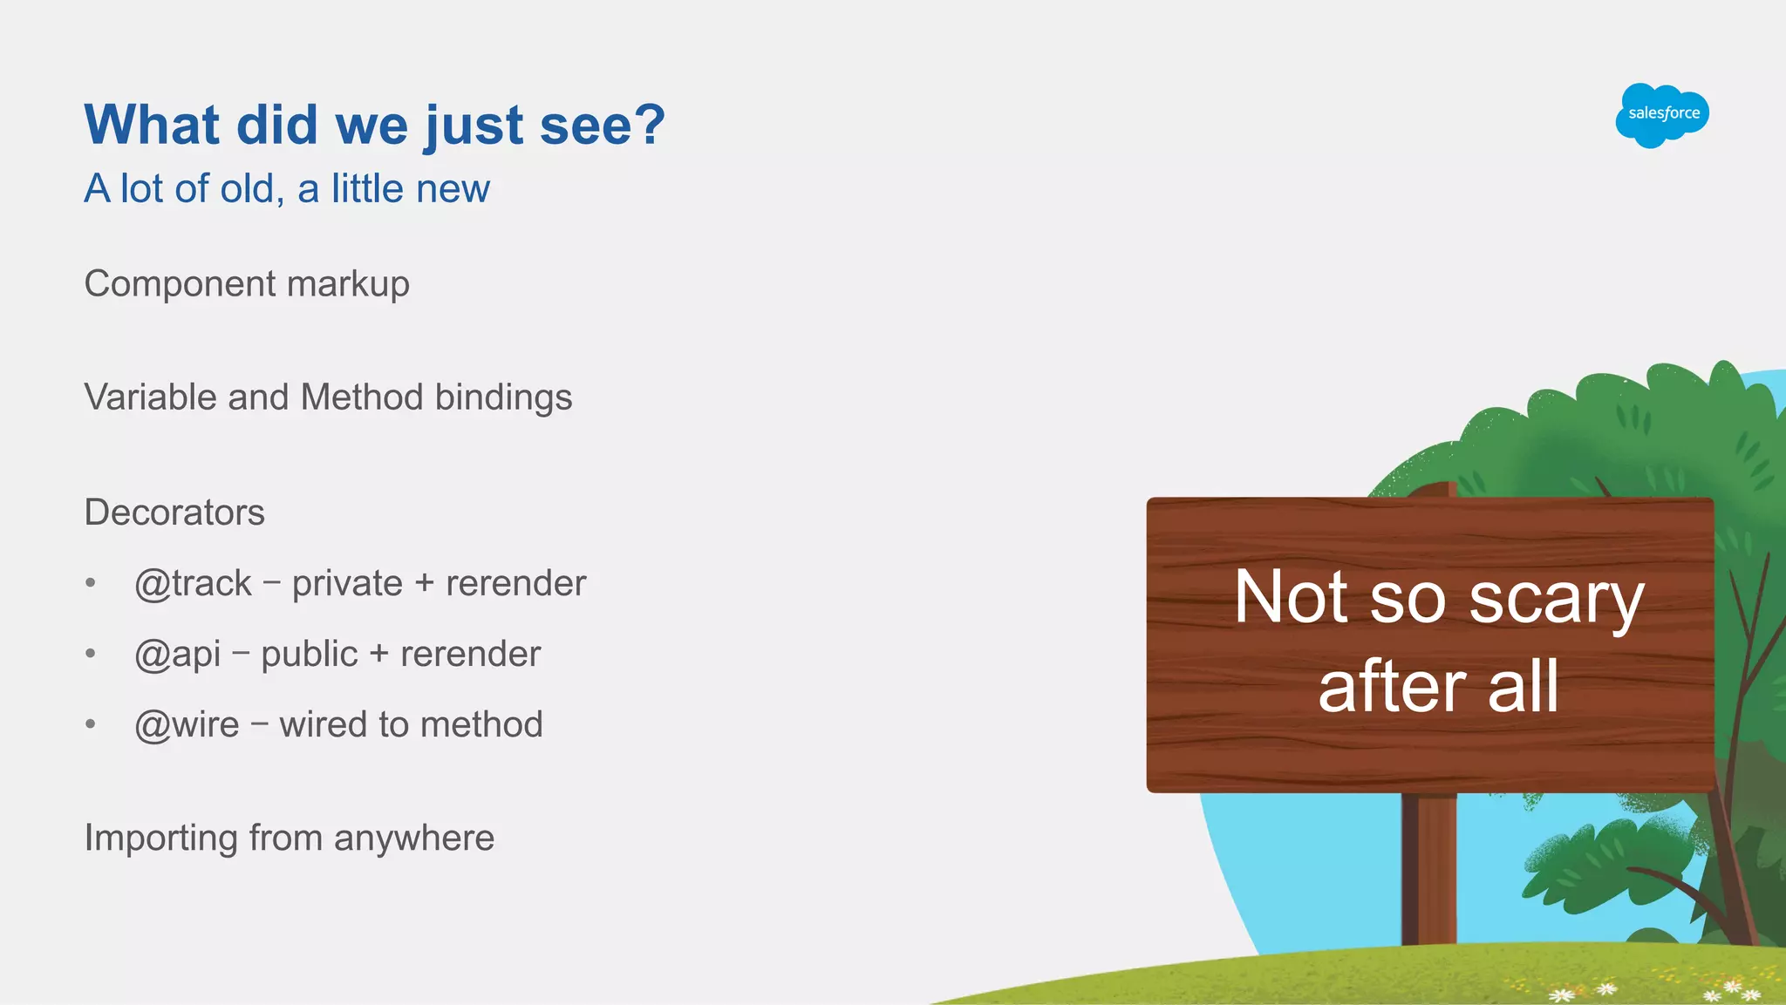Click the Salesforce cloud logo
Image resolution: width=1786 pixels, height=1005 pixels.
[x=1662, y=115]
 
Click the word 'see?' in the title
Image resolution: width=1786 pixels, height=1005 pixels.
[x=603, y=125]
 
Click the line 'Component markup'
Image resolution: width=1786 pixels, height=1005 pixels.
[x=247, y=284]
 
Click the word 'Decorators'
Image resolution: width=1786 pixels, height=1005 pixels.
[x=174, y=513]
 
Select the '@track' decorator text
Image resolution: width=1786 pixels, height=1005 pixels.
[x=193, y=584]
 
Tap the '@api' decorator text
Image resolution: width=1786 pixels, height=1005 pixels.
[x=177, y=655]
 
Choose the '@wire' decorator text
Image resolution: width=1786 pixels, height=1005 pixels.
[x=187, y=725]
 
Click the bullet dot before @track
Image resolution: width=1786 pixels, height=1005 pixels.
[x=91, y=583]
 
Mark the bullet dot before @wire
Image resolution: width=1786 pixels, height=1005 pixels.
[x=91, y=724]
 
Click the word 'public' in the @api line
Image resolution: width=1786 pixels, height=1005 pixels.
[x=310, y=655]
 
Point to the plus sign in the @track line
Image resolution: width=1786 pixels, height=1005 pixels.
[x=425, y=584]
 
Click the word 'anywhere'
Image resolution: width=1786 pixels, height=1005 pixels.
[x=414, y=839]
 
